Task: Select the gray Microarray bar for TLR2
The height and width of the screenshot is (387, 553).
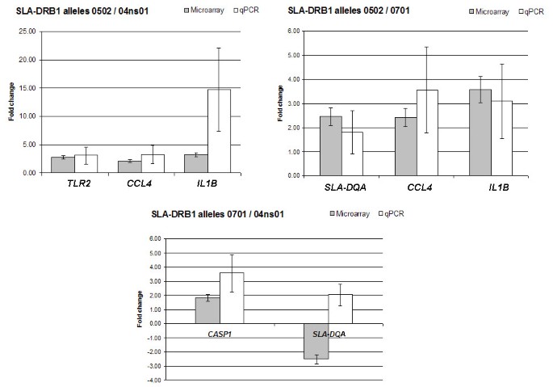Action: click(62, 164)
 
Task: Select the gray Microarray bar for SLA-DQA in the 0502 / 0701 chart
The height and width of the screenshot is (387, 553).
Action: click(331, 145)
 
